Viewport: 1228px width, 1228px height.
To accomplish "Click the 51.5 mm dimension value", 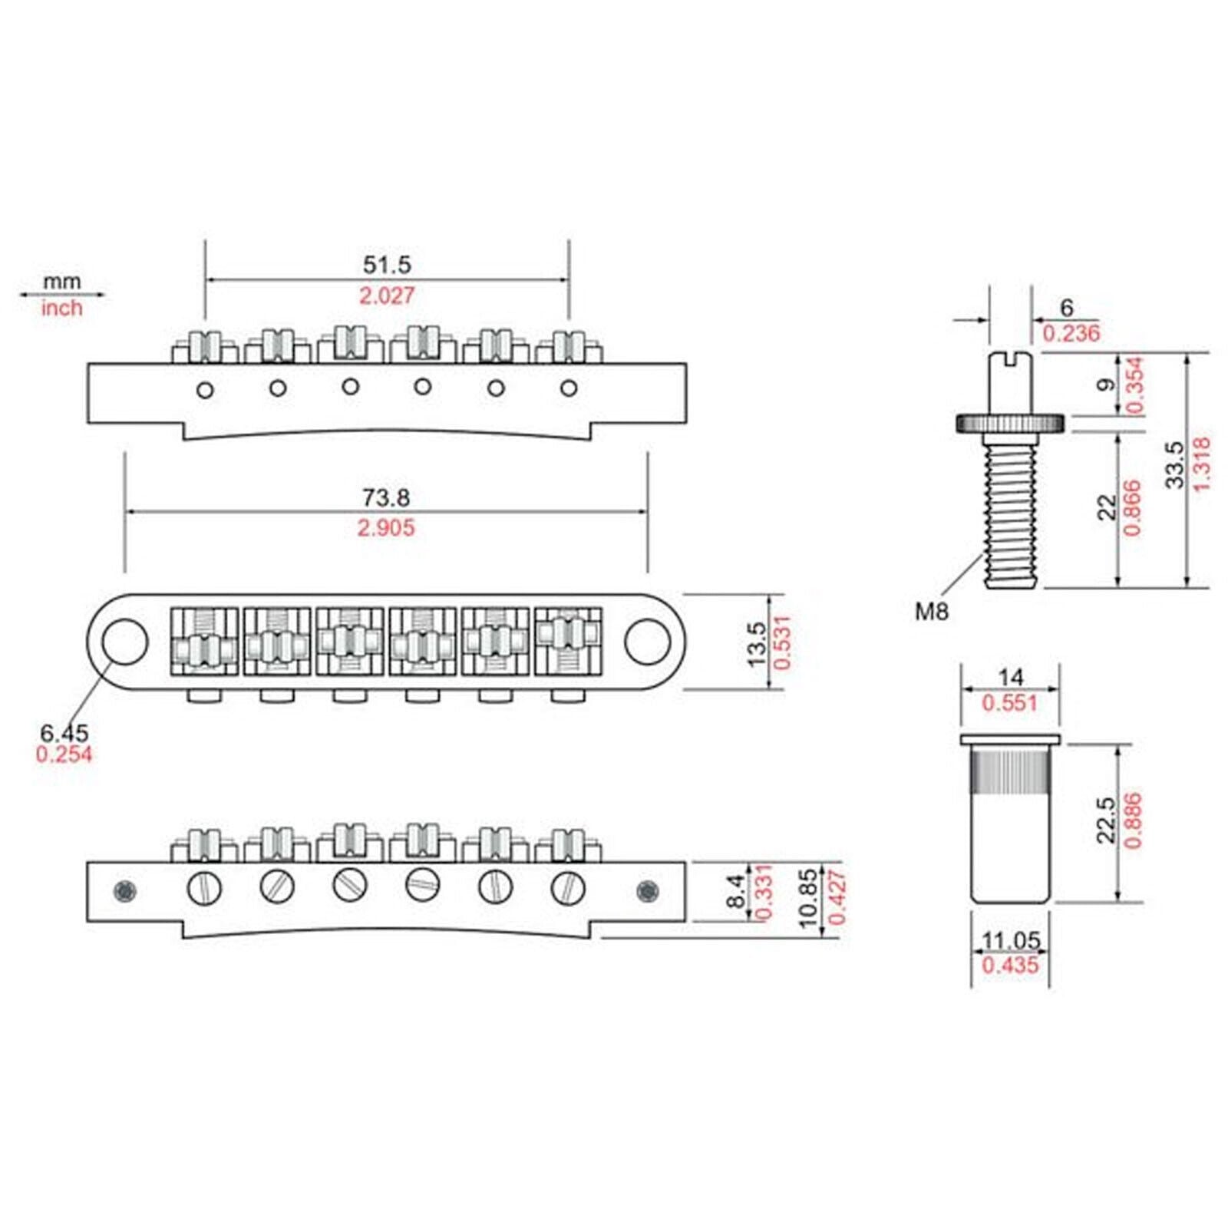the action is (387, 265).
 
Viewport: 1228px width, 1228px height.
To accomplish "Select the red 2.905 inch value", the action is (386, 528).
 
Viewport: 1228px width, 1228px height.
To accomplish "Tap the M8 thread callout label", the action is (932, 612).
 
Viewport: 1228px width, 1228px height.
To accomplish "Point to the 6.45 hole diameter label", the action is (65, 732).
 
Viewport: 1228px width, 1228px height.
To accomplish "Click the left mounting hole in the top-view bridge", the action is (123, 642).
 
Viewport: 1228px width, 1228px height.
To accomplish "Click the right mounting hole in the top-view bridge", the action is (648, 642).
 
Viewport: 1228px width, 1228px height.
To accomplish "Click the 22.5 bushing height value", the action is (1106, 820).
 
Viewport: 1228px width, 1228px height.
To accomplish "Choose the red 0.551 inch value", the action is (1010, 703).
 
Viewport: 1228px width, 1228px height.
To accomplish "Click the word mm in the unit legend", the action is (61, 282).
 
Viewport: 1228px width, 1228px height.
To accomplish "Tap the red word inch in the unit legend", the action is (61, 308).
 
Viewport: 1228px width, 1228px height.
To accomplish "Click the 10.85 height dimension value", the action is (810, 899).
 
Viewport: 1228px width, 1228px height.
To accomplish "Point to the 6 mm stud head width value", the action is (1067, 308).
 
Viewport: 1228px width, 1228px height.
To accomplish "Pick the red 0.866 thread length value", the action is (1132, 508).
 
